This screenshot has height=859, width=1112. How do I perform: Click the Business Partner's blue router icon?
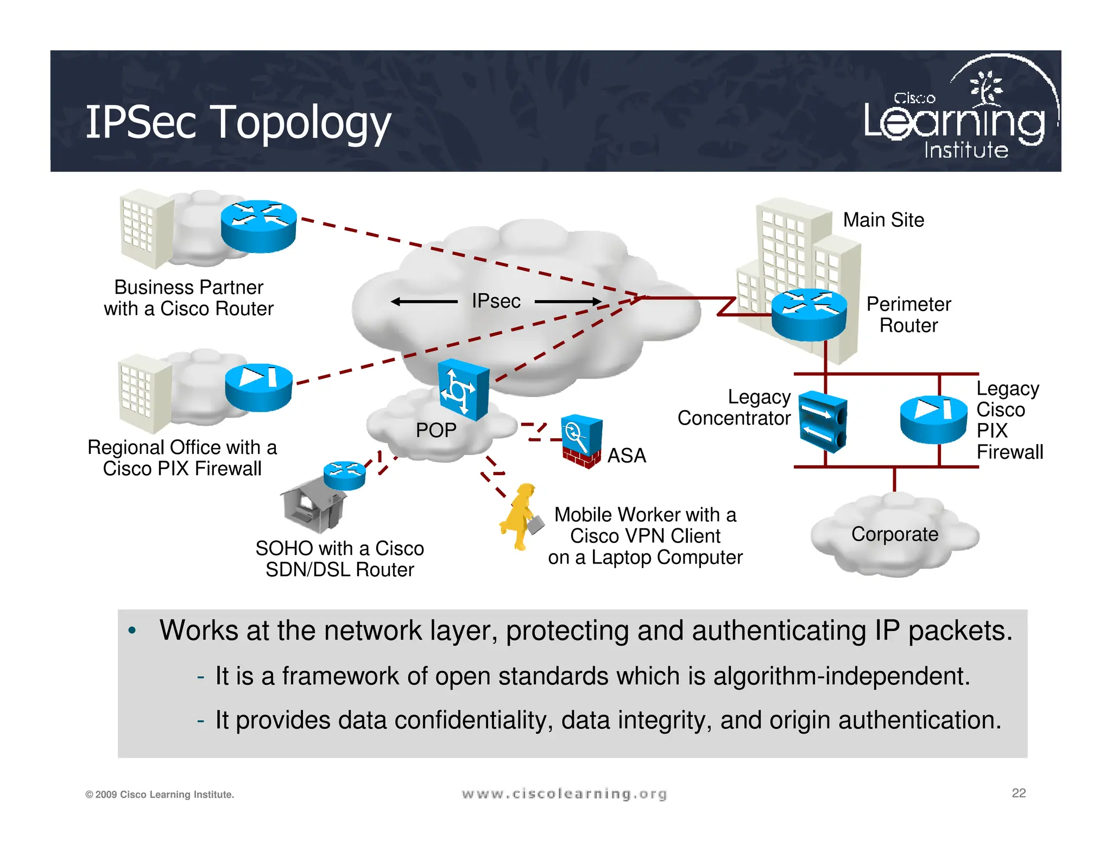point(258,226)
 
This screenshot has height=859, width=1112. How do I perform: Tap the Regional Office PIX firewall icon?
point(258,387)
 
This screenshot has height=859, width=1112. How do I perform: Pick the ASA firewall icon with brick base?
point(582,441)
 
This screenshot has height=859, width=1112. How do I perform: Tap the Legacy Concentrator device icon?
point(823,422)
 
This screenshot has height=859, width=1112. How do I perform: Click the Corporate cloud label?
point(894,534)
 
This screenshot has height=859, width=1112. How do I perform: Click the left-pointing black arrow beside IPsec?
point(424,302)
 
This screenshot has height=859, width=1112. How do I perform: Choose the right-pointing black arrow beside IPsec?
point(568,301)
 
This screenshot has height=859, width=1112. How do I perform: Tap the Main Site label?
point(883,220)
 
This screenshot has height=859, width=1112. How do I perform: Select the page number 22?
point(1019,793)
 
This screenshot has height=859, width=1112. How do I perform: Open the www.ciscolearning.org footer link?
point(564,794)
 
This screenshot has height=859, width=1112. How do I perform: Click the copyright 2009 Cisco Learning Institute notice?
point(160,794)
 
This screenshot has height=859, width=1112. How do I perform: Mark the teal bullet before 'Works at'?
point(132,631)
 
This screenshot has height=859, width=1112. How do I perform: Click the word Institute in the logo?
point(966,150)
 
